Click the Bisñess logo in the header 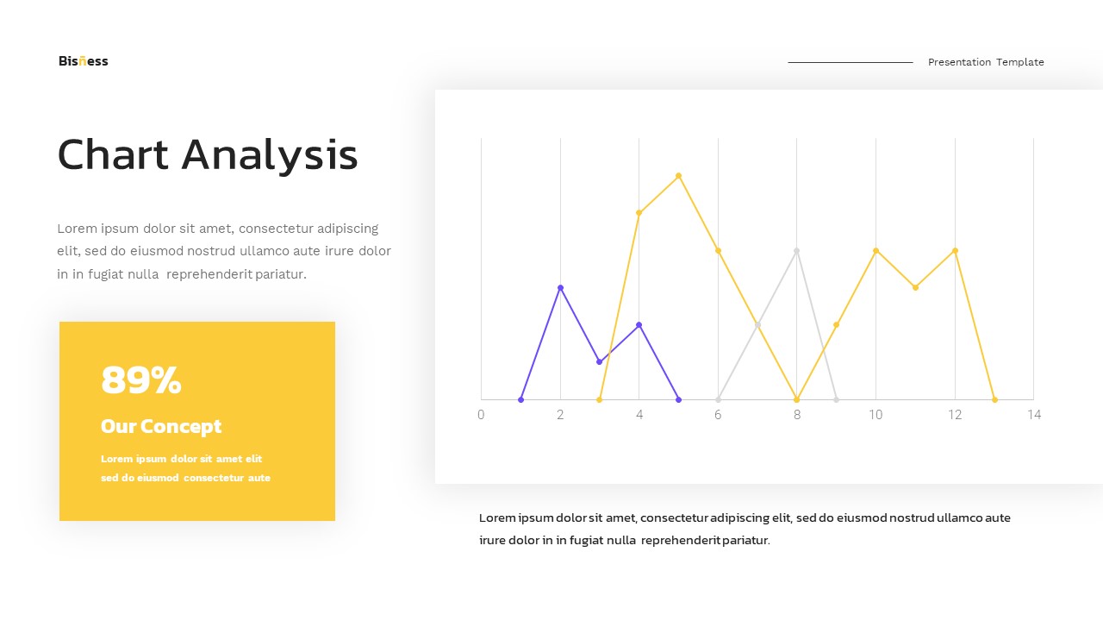click(x=84, y=61)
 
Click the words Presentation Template click(x=986, y=62)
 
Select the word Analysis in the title click(x=270, y=155)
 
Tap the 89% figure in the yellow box click(x=141, y=380)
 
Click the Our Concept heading click(x=161, y=426)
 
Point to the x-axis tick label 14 click(x=1034, y=415)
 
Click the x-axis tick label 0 click(x=481, y=415)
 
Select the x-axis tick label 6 click(x=718, y=415)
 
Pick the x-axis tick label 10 click(x=876, y=415)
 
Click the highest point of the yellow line click(x=678, y=176)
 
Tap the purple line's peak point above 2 click(x=560, y=287)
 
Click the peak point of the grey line click(x=796, y=250)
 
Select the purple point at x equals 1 click(x=520, y=399)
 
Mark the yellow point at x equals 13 click(x=994, y=399)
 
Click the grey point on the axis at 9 click(x=836, y=399)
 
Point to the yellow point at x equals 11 click(x=915, y=287)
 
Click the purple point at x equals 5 click(x=678, y=399)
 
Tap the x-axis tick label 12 click(x=955, y=415)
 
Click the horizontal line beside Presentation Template click(x=850, y=62)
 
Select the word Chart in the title click(x=113, y=155)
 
